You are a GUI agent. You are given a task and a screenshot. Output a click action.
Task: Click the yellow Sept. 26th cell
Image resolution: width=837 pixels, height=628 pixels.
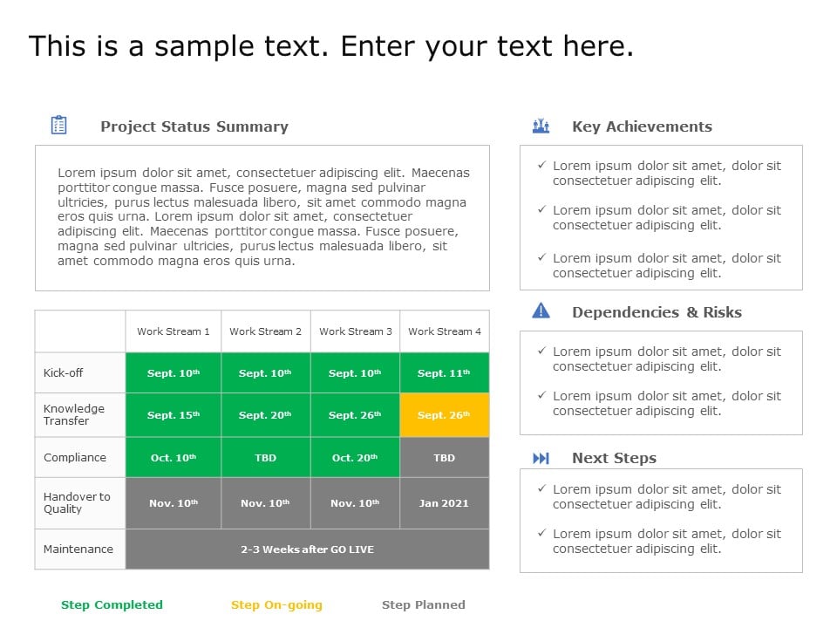pos(444,415)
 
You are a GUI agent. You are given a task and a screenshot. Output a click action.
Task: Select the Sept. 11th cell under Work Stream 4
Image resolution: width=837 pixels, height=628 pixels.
pos(444,373)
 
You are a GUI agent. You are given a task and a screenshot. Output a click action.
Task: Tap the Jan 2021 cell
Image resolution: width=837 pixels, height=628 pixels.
pos(444,503)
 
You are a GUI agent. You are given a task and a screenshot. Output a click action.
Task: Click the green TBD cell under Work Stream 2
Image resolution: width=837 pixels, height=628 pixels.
pos(265,458)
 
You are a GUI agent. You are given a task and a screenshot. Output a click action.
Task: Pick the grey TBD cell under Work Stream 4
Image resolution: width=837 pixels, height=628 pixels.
pos(444,458)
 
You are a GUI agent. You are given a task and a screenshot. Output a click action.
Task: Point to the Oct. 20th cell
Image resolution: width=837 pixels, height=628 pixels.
pos(355,458)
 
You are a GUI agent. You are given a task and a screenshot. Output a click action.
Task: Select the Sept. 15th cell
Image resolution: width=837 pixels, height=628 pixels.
pos(174,415)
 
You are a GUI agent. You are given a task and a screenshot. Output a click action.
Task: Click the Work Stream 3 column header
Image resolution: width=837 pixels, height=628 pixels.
pos(355,331)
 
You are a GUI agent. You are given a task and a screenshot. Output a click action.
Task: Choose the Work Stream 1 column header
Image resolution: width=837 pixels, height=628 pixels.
pos(174,331)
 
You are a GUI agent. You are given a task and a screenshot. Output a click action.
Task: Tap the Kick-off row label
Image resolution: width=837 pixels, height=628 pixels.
pos(64,373)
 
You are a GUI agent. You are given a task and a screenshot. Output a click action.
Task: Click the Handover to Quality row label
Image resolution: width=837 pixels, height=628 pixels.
pos(77,503)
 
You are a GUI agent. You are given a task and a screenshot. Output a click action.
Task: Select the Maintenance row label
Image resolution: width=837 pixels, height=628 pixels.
pos(78,549)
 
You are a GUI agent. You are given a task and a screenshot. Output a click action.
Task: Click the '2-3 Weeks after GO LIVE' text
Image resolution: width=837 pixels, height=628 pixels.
pos(307,549)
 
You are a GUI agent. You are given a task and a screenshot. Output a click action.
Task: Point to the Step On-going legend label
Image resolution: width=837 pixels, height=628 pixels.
pos(276,604)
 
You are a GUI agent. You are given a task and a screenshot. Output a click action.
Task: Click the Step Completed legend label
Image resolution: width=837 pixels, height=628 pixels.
pos(112,604)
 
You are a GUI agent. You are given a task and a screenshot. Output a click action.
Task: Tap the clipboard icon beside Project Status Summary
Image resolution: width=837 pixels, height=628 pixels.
pos(59,126)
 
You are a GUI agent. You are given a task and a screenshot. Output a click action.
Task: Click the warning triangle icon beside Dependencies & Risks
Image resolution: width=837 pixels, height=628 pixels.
pos(541,311)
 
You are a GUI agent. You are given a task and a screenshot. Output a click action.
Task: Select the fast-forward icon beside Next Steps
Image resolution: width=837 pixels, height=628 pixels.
pos(541,458)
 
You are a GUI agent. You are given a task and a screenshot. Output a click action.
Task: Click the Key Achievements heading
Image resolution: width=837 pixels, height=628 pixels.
pos(642,126)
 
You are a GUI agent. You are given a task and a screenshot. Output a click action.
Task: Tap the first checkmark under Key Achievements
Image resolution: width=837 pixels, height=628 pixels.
pos(541,165)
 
